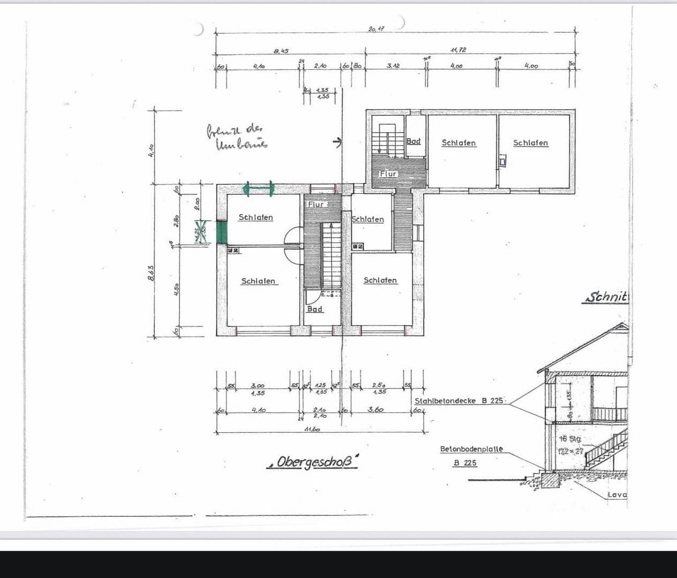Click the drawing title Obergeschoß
pos(313,462)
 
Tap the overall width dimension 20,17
pos(377,28)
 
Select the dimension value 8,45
pos(281,51)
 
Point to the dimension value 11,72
pos(458,50)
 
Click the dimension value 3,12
pos(393,65)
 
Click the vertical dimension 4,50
pos(176,289)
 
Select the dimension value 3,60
pos(375,409)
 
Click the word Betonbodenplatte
pos(471,449)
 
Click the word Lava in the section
pos(617,495)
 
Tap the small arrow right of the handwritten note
pos(337,142)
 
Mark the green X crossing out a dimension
pos(201,232)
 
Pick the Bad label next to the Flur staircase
pos(413,141)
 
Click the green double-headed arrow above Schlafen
pos(258,188)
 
